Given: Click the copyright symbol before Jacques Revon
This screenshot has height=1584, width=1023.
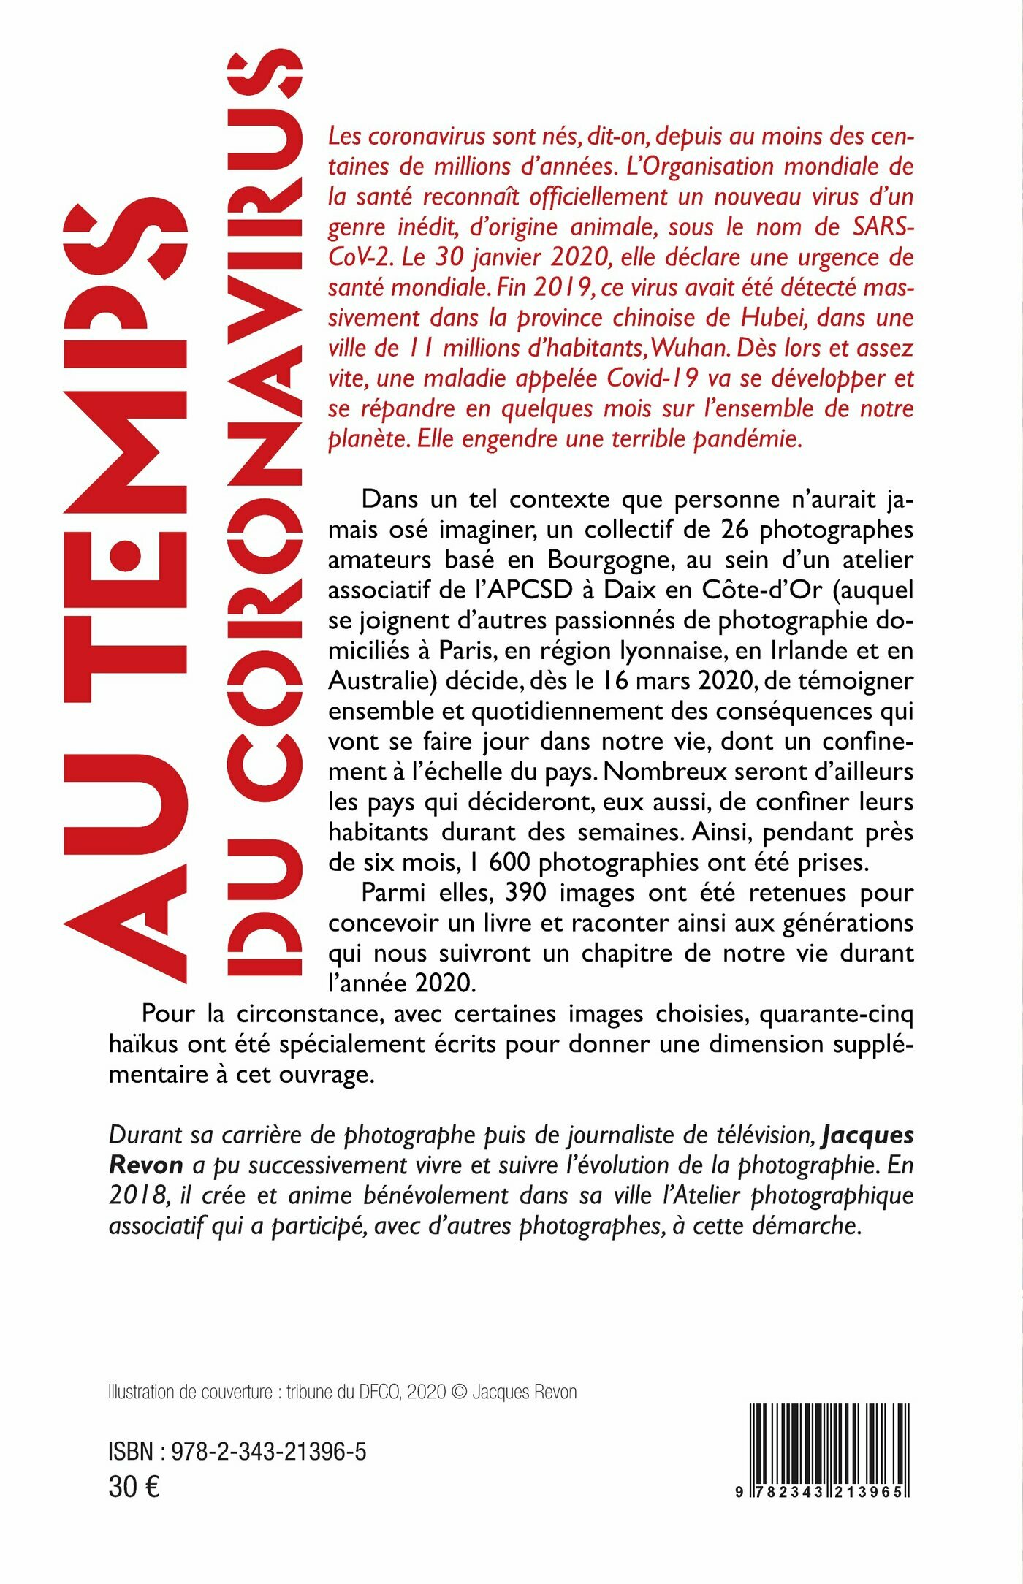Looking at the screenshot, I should pyautogui.click(x=459, y=1393).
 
